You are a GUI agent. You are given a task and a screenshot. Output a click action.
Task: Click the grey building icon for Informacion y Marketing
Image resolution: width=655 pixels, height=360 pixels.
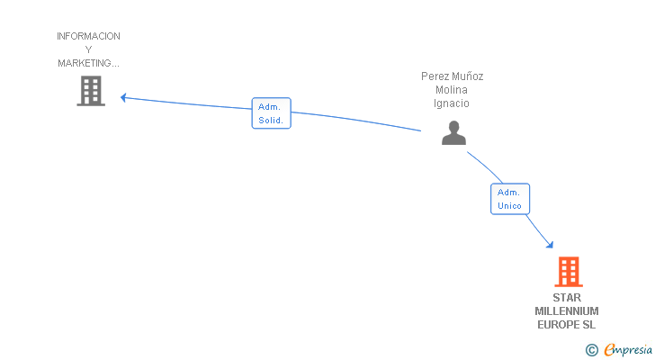pos(91,91)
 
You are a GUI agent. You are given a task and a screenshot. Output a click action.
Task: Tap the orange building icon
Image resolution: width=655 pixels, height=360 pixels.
pos(568,272)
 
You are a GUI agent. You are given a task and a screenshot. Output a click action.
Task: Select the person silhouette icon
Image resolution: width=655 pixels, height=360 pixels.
pos(453,133)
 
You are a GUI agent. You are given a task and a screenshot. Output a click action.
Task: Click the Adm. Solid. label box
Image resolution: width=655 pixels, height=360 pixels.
pos(271,113)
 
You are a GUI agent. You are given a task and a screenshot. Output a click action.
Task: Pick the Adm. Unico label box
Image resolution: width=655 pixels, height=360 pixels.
pos(510,199)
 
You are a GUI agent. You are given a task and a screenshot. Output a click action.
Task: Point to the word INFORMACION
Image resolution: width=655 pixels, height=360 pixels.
pos(88,36)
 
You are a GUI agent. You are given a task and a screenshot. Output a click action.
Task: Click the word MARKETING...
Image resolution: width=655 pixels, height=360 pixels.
pos(85,63)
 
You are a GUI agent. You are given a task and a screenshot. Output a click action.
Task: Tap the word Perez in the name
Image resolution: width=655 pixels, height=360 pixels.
pos(435,76)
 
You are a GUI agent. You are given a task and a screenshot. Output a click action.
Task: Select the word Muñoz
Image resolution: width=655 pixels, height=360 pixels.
pos(468,76)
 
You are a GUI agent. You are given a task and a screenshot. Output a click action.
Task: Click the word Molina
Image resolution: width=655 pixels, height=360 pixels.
pos(452,90)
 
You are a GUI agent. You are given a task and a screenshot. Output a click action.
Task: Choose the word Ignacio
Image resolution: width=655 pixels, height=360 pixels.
pos(451,103)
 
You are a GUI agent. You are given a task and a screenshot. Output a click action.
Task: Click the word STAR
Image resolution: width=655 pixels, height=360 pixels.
pos(567,298)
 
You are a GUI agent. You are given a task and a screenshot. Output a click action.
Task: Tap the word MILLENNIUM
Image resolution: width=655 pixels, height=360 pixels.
pos(567,311)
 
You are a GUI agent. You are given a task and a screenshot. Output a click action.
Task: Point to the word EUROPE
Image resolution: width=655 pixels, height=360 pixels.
pos(558,325)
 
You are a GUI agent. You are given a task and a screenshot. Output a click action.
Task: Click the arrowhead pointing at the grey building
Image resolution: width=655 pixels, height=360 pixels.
pos(123,98)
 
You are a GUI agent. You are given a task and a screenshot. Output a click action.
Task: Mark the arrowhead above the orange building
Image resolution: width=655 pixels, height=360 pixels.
pos(550,245)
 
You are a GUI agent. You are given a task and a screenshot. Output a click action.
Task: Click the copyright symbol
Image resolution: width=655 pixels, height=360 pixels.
pos(591,350)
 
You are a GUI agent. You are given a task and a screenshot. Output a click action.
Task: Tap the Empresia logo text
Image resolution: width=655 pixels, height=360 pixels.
pos(628,350)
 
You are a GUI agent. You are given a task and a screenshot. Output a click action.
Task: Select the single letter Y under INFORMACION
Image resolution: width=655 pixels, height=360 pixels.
pos(88,49)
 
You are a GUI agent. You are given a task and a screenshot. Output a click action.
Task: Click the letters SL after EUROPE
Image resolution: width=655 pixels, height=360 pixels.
pos(588,325)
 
